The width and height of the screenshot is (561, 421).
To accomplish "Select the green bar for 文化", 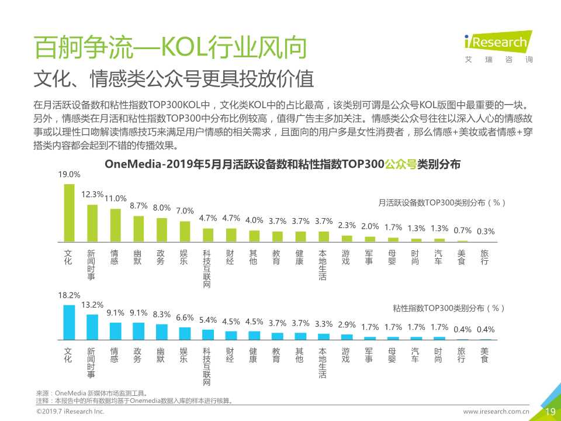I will pos(69,213).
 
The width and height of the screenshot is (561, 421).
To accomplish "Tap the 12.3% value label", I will pos(92,195).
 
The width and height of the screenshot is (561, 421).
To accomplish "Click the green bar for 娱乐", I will pos(185,232).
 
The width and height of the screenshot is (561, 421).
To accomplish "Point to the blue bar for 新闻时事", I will pos(92,327).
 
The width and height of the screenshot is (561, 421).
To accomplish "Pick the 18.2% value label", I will pos(69,296).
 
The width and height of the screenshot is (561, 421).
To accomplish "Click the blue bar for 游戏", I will pos(347,337).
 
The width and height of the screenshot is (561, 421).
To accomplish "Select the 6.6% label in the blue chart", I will pos(185,318).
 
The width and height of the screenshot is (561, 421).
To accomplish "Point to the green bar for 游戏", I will pos(347,239).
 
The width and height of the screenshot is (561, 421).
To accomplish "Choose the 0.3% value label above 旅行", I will pos(486,231).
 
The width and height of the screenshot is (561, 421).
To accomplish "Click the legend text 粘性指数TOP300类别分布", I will pos(448,308).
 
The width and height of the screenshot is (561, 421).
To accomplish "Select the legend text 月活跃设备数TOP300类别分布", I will pos(441,203).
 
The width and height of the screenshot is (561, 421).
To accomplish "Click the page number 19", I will pos(549,412).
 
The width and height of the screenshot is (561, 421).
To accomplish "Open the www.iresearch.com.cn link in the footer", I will pos(496,412).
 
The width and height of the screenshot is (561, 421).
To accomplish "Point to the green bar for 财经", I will pos(231,235).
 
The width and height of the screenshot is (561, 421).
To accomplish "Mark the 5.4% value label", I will pos(208,320).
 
